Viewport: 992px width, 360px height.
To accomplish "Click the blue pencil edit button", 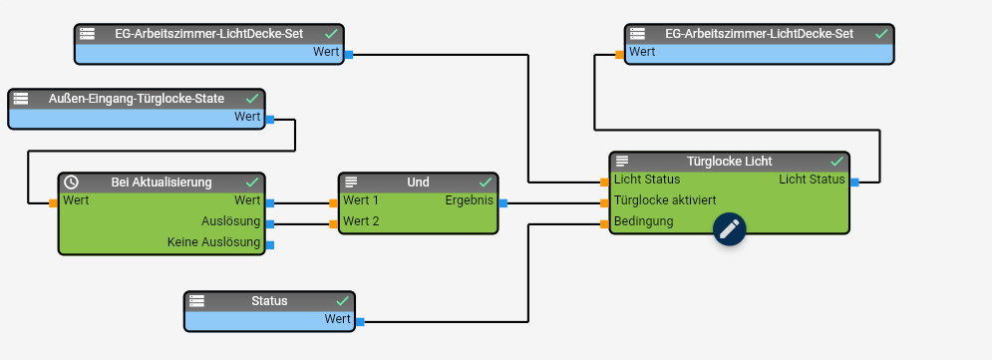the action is tap(730, 228).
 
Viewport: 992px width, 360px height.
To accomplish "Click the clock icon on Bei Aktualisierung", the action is tap(72, 182).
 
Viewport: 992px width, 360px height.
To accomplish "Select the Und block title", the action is tap(418, 182).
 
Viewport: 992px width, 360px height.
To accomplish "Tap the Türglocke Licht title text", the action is tap(730, 162).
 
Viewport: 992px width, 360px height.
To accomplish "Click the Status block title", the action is tap(269, 300).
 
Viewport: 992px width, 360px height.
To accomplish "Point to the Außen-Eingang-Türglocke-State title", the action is tap(137, 99).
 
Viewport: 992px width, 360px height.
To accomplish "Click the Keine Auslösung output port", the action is tap(270, 245).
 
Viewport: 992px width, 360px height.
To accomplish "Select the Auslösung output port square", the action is tap(270, 224).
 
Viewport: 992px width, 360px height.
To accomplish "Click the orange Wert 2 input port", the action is tap(333, 224).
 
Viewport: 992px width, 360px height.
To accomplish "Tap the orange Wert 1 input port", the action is tap(333, 203).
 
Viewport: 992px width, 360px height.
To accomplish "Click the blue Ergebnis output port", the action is tap(502, 203).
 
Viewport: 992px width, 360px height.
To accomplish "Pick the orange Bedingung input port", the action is tap(604, 224).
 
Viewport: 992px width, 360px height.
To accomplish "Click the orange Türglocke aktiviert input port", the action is tap(604, 203).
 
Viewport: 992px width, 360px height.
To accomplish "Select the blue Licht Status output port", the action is tap(854, 182).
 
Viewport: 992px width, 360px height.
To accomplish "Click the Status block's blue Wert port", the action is tap(360, 322).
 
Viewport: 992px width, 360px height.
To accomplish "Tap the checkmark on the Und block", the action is tap(486, 182).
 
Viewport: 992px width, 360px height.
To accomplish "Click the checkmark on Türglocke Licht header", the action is tap(837, 162).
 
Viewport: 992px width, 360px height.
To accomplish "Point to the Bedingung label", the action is tap(643, 221).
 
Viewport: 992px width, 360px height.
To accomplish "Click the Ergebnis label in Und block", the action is tap(470, 200).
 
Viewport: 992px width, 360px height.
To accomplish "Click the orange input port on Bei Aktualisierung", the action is tap(53, 203).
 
